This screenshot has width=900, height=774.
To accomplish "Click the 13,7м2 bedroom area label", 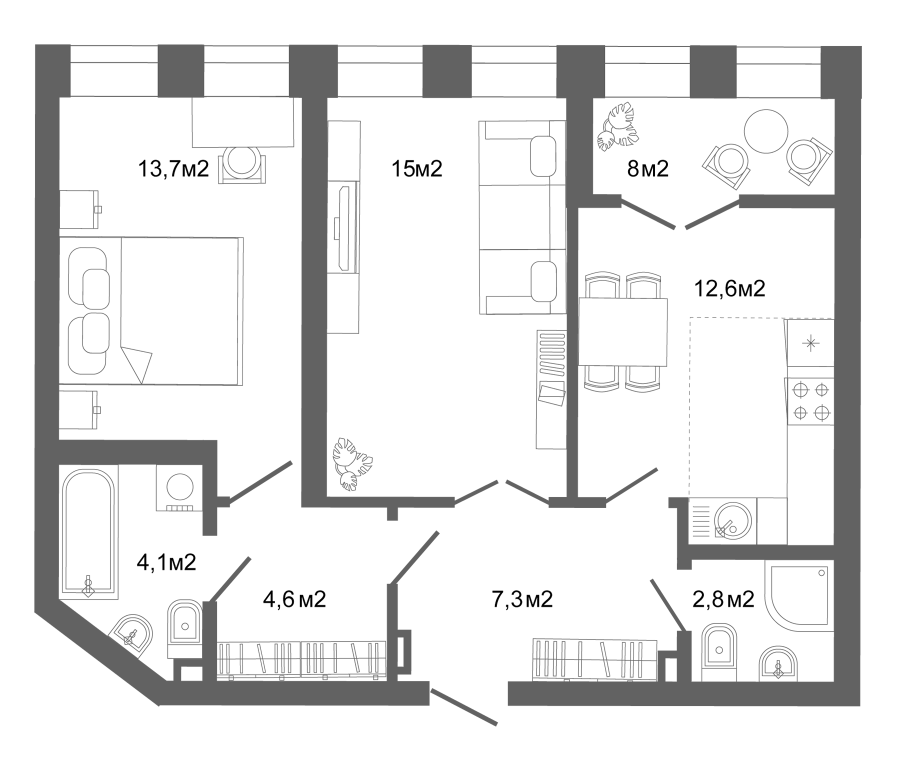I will pos(173,169).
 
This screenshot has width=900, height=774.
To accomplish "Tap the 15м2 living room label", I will pos(417,169).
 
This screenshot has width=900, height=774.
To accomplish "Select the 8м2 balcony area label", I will pos(647,169).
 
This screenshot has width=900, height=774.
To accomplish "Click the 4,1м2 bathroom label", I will pos(166,562).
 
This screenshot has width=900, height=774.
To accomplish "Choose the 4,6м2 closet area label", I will pos(294,598).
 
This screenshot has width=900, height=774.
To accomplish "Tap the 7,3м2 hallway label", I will pos(522,598).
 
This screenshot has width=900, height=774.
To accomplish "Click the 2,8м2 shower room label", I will pos(723,598).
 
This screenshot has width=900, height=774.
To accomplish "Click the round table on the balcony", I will pos(765,131).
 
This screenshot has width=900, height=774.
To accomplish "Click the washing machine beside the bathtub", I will pos(179,487).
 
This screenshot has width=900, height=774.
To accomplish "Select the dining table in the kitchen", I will pos(622,332).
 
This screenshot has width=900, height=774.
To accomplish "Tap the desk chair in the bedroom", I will pos(242,164).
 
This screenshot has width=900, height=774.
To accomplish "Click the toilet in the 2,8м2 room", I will pos(719,650).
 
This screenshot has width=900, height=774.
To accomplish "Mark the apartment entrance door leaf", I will pos(464,706).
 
